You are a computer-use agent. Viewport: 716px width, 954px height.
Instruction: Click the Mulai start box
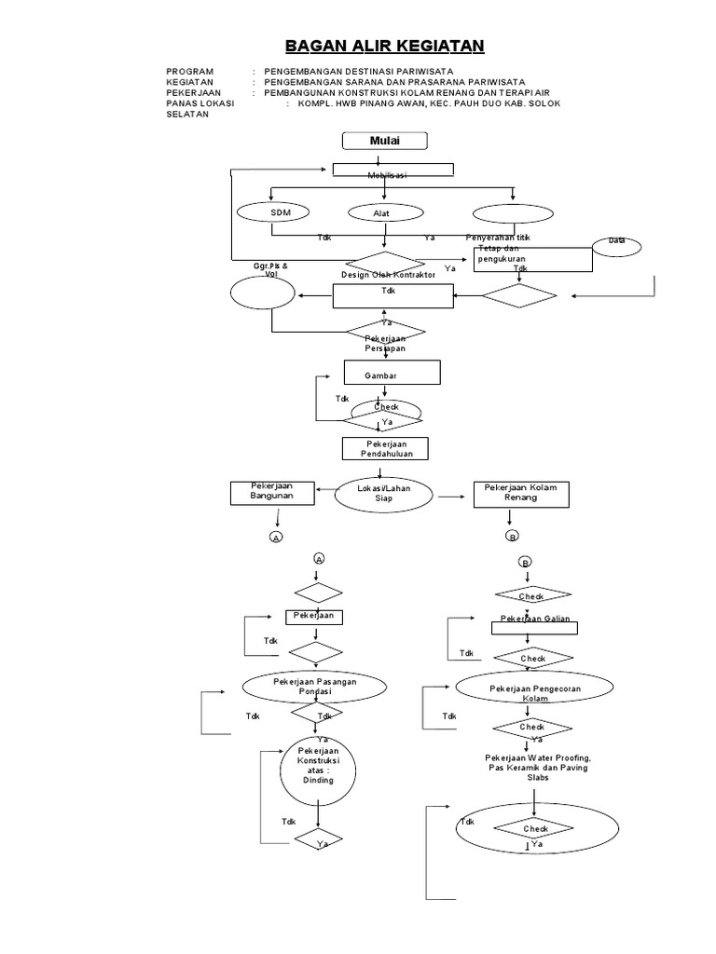click(x=385, y=141)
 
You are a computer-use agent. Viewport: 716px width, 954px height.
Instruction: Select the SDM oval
click(x=281, y=212)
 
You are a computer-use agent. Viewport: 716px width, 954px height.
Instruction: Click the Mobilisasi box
click(x=394, y=171)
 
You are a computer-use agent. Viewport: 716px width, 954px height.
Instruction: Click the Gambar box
click(x=392, y=373)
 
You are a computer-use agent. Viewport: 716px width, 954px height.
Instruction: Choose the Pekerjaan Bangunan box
click(x=271, y=492)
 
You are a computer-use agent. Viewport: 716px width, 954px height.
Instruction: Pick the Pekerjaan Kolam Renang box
click(x=519, y=494)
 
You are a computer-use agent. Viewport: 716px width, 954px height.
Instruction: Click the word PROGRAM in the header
click(x=190, y=72)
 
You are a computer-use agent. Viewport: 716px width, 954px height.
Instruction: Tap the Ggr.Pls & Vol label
click(x=270, y=270)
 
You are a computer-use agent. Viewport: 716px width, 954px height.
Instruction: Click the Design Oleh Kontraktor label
click(x=388, y=276)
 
